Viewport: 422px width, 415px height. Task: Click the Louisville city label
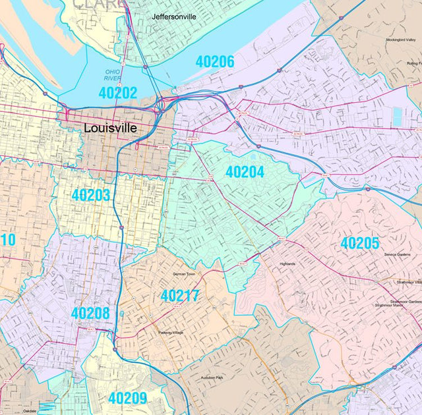111,128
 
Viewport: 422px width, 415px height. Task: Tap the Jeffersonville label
174,16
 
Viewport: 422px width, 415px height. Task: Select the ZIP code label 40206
215,63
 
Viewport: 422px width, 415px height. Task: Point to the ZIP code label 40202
117,93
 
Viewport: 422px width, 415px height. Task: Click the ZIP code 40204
245,173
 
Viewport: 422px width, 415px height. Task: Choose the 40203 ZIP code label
91,196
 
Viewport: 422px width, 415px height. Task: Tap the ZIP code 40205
360,243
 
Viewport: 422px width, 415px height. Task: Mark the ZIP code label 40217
180,296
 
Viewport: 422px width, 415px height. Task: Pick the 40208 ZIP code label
90,314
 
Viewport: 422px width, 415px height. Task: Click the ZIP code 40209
127,398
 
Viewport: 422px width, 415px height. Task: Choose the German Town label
185,273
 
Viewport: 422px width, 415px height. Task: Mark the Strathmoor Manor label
392,306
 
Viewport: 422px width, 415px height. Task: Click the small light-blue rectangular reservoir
397,116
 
